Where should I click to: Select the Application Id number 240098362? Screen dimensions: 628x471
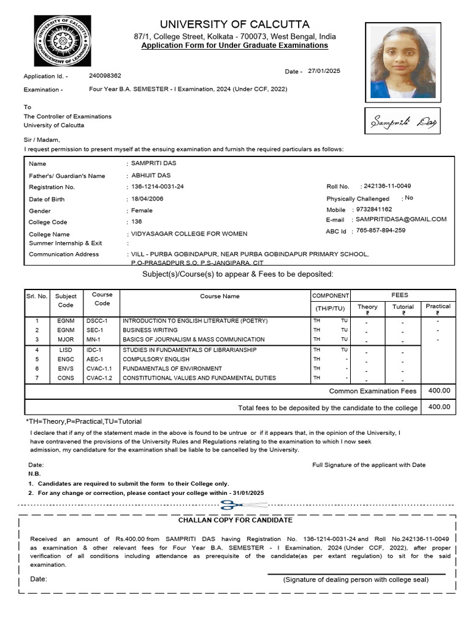(x=105, y=75)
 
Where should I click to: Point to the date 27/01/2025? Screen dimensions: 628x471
(x=324, y=71)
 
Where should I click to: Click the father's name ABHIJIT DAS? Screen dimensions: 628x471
(x=147, y=175)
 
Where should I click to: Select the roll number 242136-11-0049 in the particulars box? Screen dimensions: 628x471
(x=387, y=186)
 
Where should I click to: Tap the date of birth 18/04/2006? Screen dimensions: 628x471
(x=147, y=199)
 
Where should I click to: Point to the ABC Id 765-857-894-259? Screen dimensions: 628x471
(x=380, y=231)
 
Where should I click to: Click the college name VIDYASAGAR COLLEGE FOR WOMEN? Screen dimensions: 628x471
(x=189, y=234)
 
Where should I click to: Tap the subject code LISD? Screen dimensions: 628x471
(x=66, y=350)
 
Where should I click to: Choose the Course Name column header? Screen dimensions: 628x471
(x=220, y=296)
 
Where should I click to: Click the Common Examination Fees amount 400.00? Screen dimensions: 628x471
(x=438, y=390)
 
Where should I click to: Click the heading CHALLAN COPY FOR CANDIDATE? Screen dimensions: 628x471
(x=235, y=520)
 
